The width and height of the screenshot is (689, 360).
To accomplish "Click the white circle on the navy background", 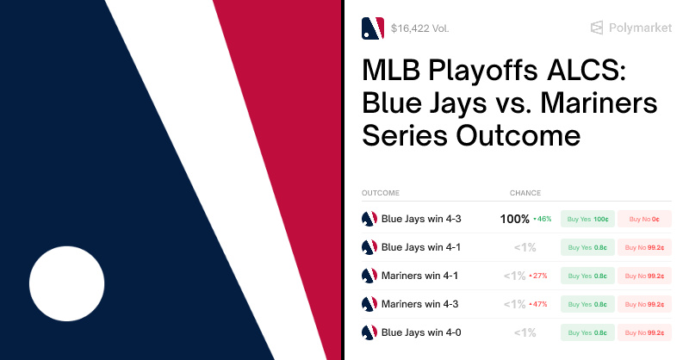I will tap(67, 283).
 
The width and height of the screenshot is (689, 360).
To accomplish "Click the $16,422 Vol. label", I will tap(419, 28).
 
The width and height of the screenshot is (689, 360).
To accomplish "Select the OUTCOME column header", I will tap(381, 193).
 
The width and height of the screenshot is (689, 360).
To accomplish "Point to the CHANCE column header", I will tap(525, 193).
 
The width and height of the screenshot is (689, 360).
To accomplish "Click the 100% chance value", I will tap(514, 219).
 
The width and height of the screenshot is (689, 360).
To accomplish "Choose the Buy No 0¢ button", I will tap(643, 219).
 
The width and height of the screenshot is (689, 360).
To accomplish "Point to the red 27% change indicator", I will tap(539, 276).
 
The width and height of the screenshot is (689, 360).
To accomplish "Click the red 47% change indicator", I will tap(539, 304).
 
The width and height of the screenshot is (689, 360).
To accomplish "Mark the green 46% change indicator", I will tap(543, 219).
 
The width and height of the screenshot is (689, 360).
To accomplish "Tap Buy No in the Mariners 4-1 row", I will tap(643, 276).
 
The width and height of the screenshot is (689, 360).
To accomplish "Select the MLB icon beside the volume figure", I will tap(373, 28).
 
